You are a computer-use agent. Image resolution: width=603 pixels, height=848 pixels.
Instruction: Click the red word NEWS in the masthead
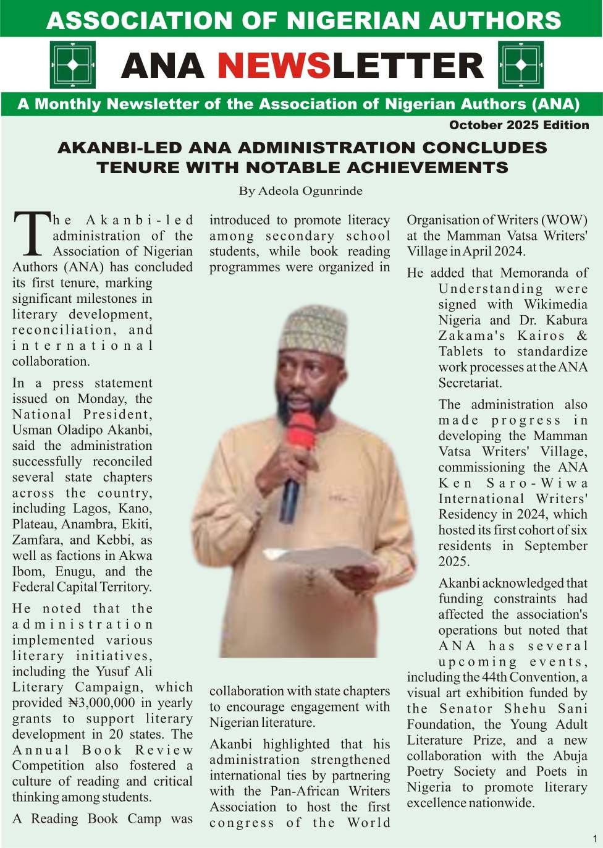pyautogui.click(x=274, y=66)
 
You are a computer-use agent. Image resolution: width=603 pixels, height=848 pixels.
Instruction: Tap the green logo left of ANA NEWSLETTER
pyautogui.click(x=72, y=65)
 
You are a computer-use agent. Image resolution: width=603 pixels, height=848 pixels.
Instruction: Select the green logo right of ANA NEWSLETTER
pyautogui.click(x=520, y=65)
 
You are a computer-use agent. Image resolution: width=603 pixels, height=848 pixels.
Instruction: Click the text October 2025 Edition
pyautogui.click(x=519, y=125)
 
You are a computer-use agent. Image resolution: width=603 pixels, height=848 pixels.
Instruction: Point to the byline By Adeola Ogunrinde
pyautogui.click(x=301, y=190)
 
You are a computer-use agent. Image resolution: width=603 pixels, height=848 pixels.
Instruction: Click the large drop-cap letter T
pyautogui.click(x=31, y=234)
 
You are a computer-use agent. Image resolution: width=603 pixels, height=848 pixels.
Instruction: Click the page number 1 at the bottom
pyautogui.click(x=595, y=838)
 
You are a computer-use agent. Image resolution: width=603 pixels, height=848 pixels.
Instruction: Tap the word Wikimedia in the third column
pyautogui.click(x=555, y=304)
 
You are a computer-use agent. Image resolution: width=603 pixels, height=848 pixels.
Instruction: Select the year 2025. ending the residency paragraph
pyautogui.click(x=454, y=561)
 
